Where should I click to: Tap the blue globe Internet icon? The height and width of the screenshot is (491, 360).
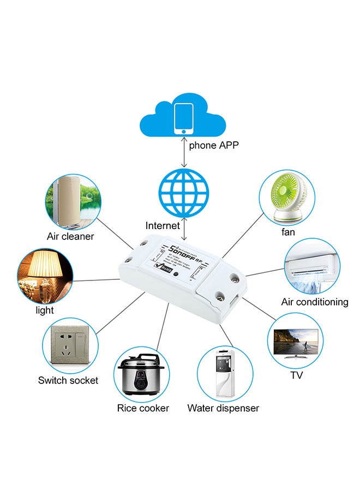[x=184, y=193]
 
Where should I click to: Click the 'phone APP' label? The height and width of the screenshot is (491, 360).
[x=214, y=146]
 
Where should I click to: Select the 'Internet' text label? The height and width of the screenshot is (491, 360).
[x=163, y=225]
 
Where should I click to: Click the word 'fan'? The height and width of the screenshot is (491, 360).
[x=288, y=232]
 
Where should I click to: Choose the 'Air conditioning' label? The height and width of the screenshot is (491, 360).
[x=315, y=302]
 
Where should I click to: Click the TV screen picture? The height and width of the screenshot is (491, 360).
[x=295, y=340]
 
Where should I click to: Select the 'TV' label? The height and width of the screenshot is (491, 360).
[x=297, y=375]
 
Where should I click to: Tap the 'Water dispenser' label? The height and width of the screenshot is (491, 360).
[x=223, y=408]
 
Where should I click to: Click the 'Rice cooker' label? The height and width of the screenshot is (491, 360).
[x=143, y=408]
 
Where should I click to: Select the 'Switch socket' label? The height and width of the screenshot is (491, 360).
[x=68, y=380]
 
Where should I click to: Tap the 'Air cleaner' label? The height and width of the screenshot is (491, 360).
[x=70, y=236]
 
